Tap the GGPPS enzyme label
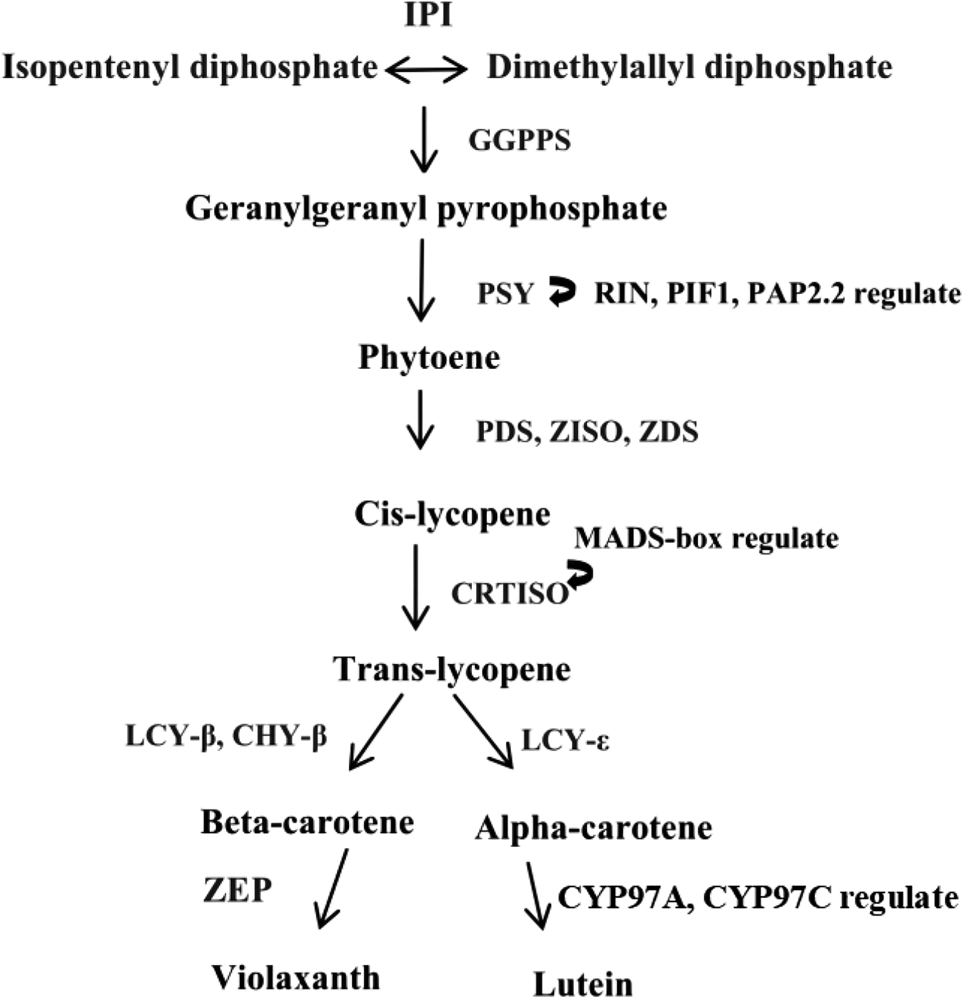pyautogui.click(x=519, y=140)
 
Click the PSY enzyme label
pyautogui.click(x=505, y=294)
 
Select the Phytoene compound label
pyautogui.click(x=429, y=358)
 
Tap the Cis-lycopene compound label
pyautogui.click(x=452, y=514)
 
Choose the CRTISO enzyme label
pyautogui.click(x=510, y=593)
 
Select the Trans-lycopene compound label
pyautogui.click(x=452, y=669)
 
